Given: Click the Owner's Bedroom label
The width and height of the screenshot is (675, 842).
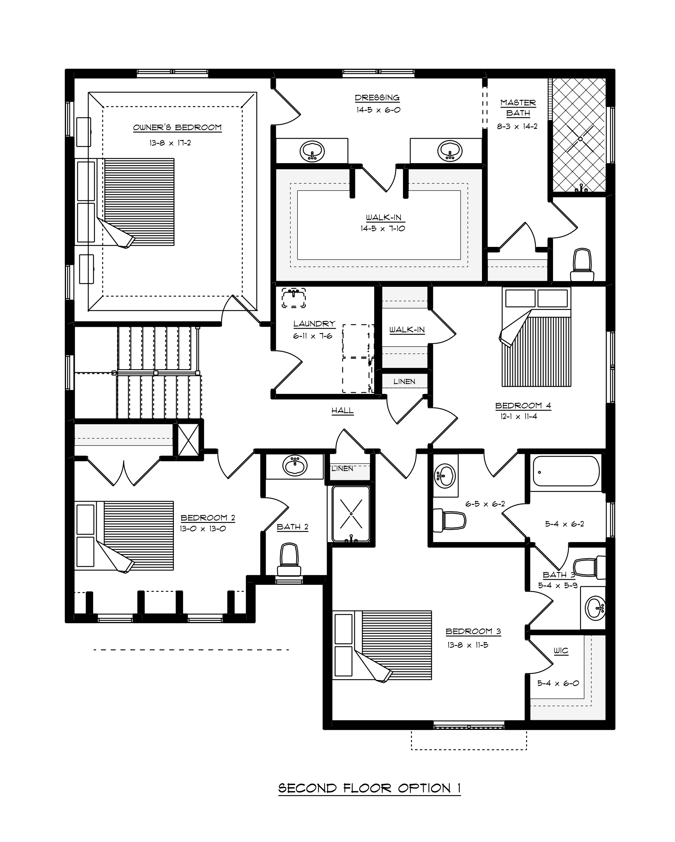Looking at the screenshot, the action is click(x=177, y=127).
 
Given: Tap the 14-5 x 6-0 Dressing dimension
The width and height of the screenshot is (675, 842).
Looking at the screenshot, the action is click(x=378, y=110).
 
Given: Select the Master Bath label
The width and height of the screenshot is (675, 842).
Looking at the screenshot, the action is click(x=518, y=108).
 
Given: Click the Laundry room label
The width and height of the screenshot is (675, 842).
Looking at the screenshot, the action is click(x=314, y=324).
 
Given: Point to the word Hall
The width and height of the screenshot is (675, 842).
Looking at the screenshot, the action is click(x=342, y=410).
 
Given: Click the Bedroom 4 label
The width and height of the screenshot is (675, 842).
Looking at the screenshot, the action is click(x=523, y=405).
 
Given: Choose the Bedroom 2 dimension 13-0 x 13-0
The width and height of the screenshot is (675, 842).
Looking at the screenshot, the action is click(x=203, y=529).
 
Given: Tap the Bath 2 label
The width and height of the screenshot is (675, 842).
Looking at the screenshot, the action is click(x=292, y=527).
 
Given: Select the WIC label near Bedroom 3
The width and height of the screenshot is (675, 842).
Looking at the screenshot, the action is click(x=561, y=651).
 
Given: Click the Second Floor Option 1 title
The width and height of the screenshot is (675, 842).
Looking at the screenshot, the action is click(x=369, y=788).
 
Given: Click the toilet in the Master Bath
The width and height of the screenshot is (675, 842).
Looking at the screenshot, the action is click(x=582, y=265).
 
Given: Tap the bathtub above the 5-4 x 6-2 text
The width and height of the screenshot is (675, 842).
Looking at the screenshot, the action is click(x=565, y=472).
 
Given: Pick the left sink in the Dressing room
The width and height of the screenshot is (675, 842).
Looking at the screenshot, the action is click(x=312, y=151).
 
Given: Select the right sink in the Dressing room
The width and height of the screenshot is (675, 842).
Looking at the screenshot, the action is click(x=450, y=151).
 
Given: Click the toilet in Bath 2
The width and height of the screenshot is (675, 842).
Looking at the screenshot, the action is click(x=289, y=559).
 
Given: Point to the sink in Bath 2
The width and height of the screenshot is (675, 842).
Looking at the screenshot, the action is click(x=295, y=465).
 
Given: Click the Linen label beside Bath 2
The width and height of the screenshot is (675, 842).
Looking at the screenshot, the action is click(x=342, y=468).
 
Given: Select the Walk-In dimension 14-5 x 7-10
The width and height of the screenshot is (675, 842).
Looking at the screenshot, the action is click(x=383, y=228).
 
